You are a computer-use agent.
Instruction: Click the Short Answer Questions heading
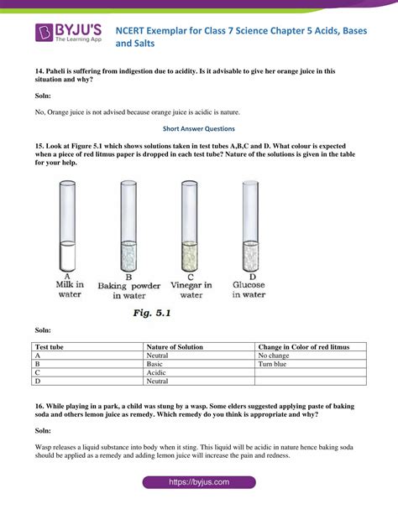click(199, 129)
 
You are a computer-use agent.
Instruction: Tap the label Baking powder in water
click(128, 288)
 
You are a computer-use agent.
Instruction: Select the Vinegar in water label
click(191, 288)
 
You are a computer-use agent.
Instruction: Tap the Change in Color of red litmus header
click(304, 347)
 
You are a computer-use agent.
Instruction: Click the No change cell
click(276, 356)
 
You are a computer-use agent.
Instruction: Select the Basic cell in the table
click(156, 365)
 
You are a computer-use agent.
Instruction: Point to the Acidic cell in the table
click(158, 373)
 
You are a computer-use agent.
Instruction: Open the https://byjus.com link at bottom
click(198, 484)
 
